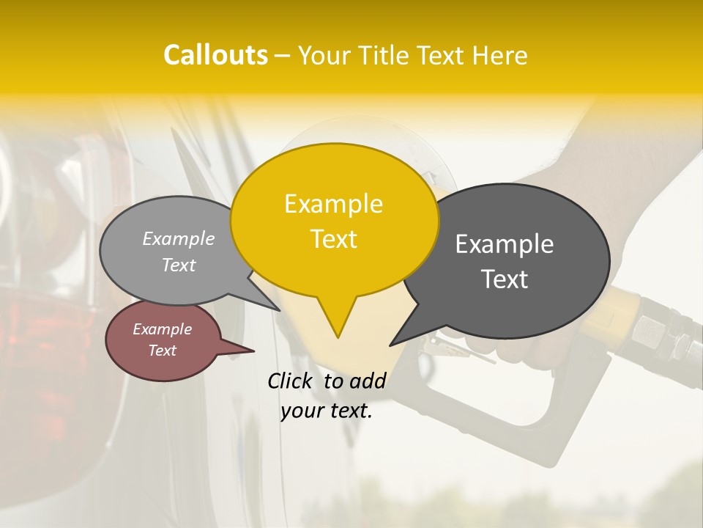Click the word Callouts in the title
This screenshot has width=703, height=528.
pyautogui.click(x=215, y=55)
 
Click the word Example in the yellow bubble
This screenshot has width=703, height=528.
pyautogui.click(x=333, y=204)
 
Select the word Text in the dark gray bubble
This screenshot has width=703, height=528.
pyautogui.click(x=505, y=279)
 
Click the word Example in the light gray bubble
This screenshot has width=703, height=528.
pyautogui.click(x=178, y=239)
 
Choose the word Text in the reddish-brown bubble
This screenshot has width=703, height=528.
pyautogui.click(x=162, y=351)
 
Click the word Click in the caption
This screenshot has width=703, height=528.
pyautogui.click(x=291, y=381)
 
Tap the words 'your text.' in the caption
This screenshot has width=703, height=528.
pyautogui.click(x=327, y=411)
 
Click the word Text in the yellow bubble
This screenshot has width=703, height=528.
pyautogui.click(x=333, y=239)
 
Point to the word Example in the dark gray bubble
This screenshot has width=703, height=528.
pyautogui.click(x=505, y=244)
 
